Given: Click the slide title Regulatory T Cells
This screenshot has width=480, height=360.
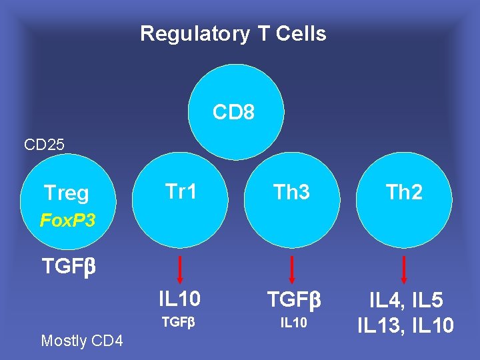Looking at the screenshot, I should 233,33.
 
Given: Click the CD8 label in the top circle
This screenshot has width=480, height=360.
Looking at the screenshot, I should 233,113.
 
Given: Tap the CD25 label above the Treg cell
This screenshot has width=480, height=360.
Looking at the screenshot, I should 44,144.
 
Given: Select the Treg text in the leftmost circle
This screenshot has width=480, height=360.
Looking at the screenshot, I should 66,193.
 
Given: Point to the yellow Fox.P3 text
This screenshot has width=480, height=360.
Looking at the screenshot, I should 67,219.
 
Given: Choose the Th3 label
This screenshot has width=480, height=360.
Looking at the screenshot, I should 291,193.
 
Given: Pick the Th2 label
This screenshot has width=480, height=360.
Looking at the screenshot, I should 404,193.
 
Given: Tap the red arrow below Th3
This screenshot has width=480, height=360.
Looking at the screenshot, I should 291,269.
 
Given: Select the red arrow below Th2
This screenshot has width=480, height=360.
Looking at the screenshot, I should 404,269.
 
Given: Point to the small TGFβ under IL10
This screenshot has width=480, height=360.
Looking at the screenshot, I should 179,323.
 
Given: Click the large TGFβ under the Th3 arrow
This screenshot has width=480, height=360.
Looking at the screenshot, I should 293,300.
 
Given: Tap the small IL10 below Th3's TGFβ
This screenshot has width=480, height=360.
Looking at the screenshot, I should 293,323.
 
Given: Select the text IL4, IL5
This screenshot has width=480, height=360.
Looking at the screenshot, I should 405,301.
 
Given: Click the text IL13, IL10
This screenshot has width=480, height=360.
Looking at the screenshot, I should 405,325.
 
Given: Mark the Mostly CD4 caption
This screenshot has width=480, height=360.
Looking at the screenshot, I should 82,341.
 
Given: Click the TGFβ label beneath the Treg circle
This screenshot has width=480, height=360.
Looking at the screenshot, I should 69,267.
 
